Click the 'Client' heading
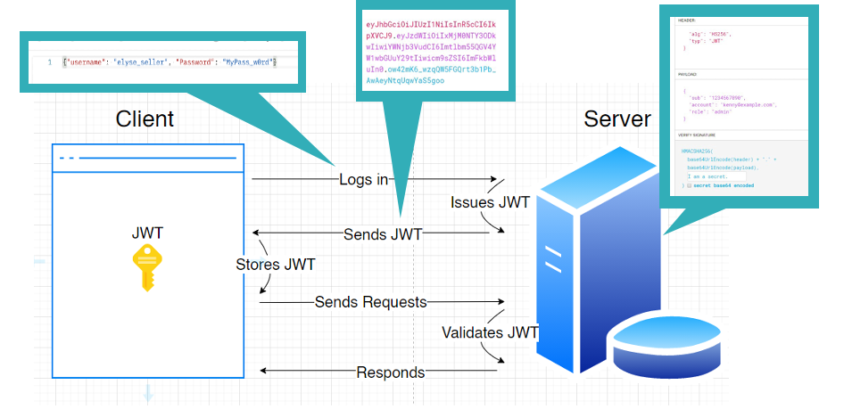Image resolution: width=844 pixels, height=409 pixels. [x=145, y=119]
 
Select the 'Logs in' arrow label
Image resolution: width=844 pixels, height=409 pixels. [x=363, y=180]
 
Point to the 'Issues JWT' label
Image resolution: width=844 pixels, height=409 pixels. [x=490, y=202]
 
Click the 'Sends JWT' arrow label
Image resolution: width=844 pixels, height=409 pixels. [x=383, y=235]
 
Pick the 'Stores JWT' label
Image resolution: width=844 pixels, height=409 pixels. [x=275, y=265]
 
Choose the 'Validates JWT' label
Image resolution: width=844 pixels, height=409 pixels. [x=490, y=332]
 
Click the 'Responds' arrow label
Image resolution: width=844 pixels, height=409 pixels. [x=390, y=372]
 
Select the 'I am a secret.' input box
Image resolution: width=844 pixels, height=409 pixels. [x=714, y=176]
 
